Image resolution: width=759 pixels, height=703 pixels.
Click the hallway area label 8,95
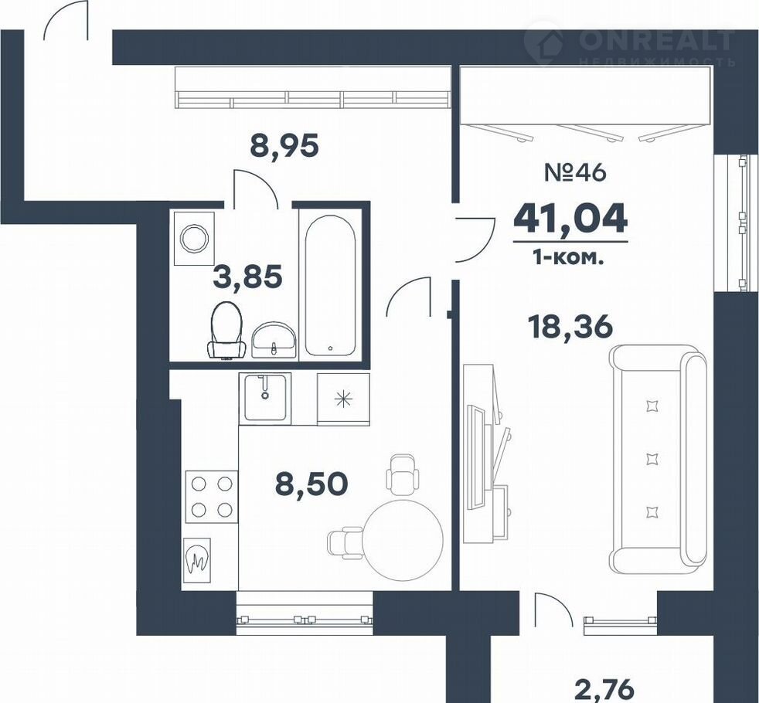click(x=284, y=146)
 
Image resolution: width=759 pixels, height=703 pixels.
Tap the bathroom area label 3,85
click(x=247, y=277)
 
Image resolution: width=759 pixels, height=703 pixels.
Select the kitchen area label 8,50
click(x=311, y=484)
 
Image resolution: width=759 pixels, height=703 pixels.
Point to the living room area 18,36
click(x=570, y=327)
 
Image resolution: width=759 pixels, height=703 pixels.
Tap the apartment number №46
click(x=575, y=173)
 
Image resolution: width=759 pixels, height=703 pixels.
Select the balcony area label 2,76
click(x=604, y=689)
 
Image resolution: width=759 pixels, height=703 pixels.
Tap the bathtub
click(x=330, y=286)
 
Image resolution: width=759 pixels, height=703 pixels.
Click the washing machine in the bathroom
click(x=194, y=238)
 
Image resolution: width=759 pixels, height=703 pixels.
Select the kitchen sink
click(x=265, y=397)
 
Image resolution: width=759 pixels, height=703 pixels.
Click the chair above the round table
click(x=402, y=474)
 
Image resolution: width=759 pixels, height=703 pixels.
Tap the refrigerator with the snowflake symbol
click(x=343, y=399)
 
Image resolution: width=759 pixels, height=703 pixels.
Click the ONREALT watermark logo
click(x=630, y=46)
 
